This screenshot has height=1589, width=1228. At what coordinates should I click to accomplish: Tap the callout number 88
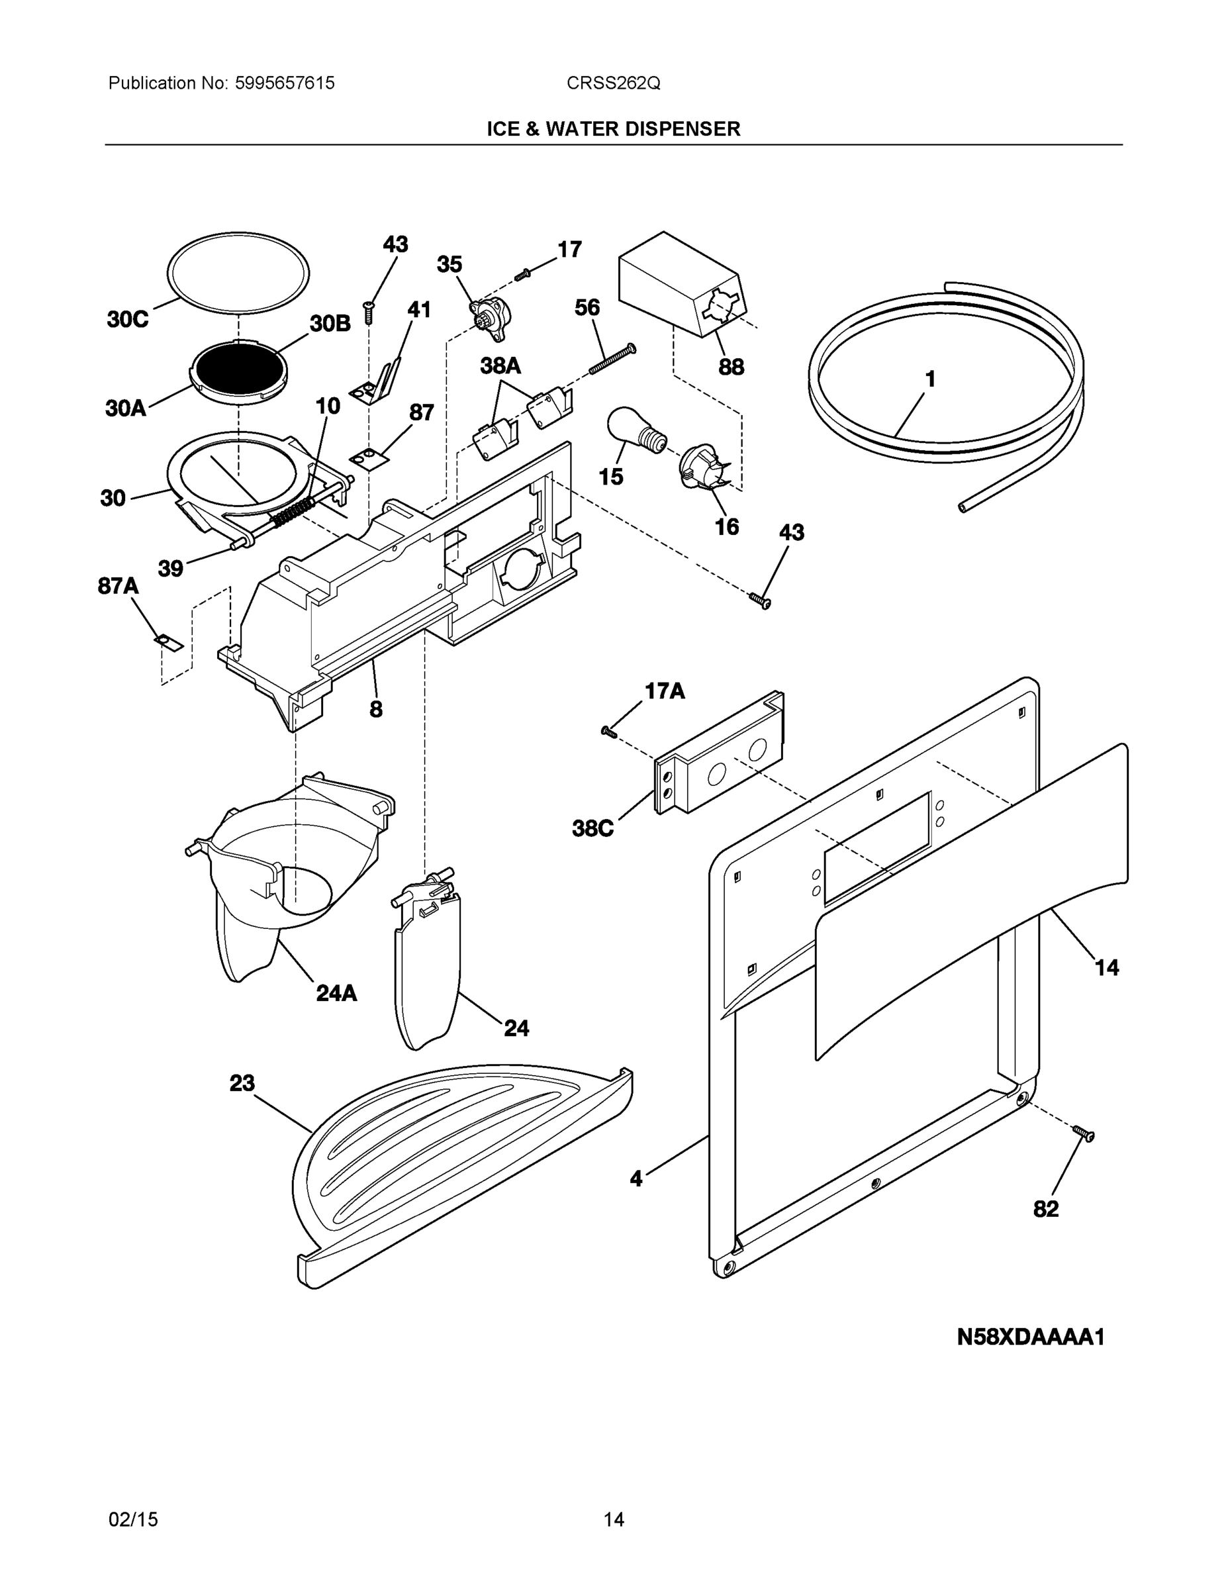point(731,367)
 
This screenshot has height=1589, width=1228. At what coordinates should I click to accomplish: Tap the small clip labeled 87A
point(168,642)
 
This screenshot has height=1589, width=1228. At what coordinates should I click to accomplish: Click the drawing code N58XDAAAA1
point(1030,1337)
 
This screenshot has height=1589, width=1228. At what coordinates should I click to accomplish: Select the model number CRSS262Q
point(613,83)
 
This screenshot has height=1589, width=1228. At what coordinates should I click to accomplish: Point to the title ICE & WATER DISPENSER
point(613,130)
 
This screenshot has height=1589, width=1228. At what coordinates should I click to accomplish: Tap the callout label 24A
point(336,993)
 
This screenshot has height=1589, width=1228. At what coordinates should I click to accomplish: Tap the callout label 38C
point(593,828)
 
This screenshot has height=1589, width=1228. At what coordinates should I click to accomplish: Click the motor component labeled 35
point(491,315)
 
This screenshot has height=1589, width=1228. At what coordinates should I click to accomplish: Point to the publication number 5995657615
point(285,83)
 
